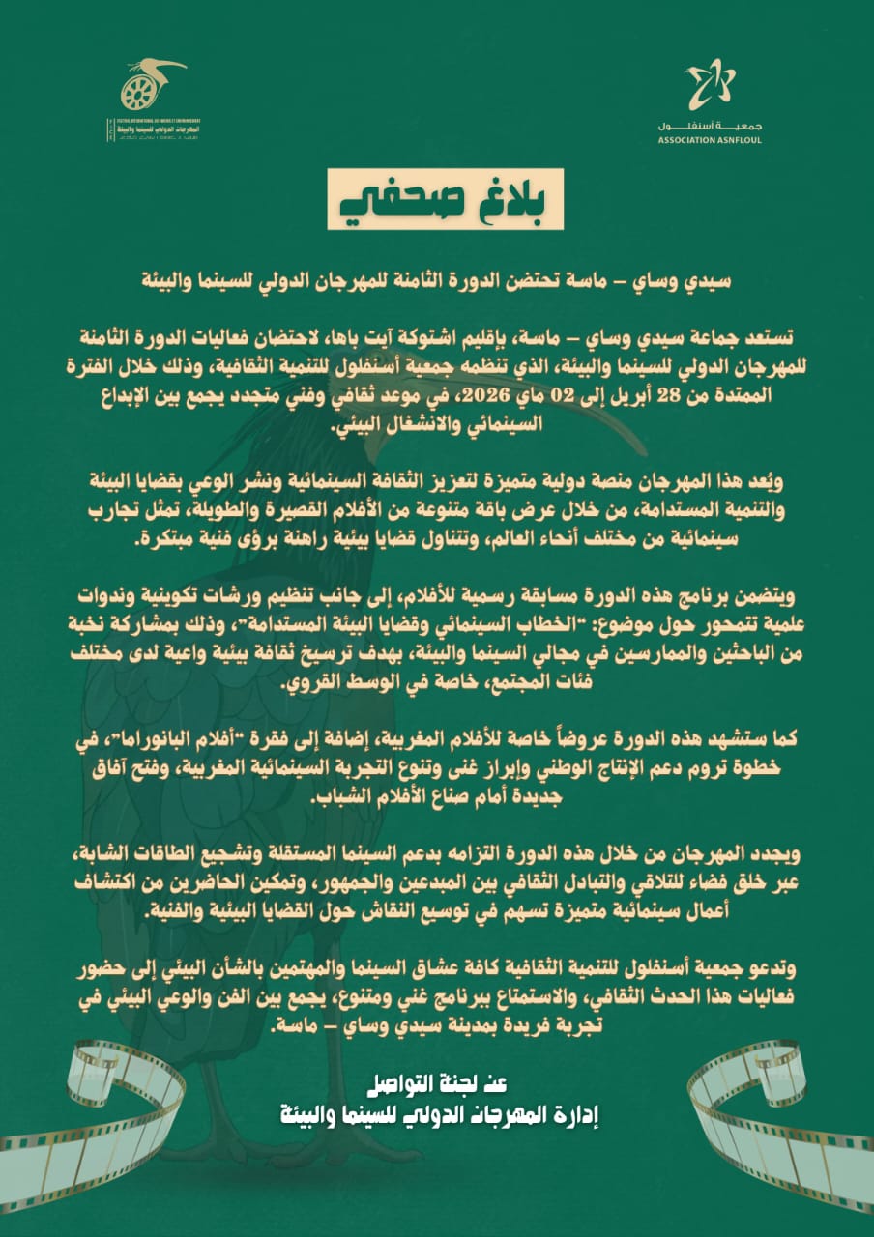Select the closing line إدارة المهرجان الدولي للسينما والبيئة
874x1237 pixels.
coord(437,1115)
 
